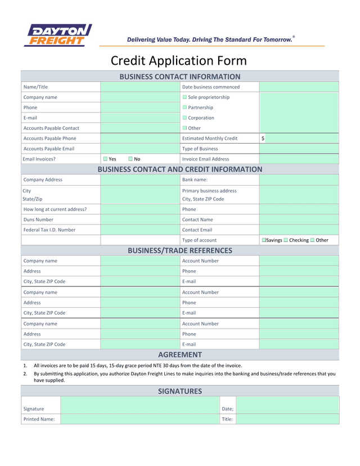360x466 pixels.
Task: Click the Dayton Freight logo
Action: point(58,35)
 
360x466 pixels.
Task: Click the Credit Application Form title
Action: point(179,61)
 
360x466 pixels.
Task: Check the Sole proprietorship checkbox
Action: point(184,97)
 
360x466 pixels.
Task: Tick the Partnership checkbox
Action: point(184,107)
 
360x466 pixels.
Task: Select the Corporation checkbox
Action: point(184,118)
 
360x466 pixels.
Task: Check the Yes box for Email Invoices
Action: point(105,159)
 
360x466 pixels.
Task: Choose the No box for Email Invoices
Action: point(130,159)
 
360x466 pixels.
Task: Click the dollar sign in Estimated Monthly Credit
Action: point(263,138)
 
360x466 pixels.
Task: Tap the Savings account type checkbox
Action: point(264,240)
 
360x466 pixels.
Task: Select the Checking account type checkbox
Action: point(286,240)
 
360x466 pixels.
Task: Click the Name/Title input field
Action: point(140,87)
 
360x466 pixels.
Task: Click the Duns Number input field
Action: point(140,219)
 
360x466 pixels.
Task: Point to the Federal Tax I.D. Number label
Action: point(49,230)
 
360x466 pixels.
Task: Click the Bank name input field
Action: point(299,180)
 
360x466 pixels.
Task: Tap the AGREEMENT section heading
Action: point(180,355)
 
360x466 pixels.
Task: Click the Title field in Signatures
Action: point(287,419)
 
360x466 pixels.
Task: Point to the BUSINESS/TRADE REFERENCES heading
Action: point(180,250)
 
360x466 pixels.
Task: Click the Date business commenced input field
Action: point(299,87)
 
